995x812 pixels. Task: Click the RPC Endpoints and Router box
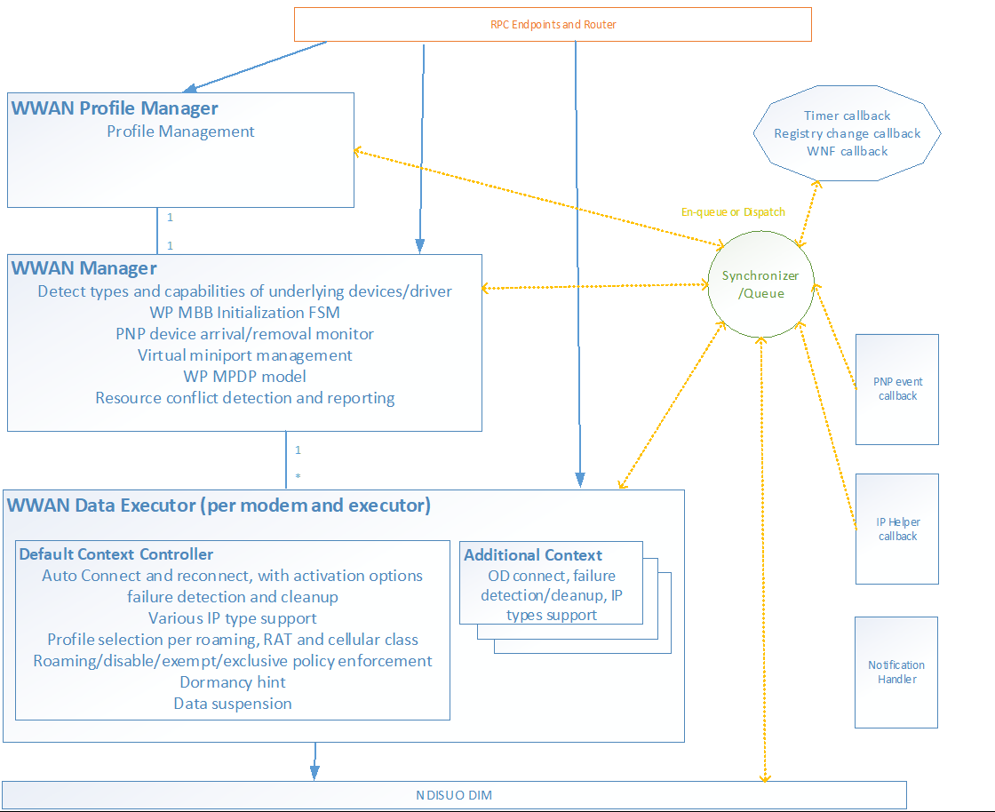553,24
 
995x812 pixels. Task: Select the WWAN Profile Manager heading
115,108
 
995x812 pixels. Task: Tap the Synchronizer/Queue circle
760,284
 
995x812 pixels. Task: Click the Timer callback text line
847,115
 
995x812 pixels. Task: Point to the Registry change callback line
847,133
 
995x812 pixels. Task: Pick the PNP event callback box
896,389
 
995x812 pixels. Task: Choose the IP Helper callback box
896,529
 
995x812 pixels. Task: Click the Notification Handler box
896,672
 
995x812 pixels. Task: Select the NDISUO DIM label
454,795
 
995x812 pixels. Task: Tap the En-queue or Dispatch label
733,212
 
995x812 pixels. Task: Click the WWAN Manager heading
84,267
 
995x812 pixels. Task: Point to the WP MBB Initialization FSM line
244,313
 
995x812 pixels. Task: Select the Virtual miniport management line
244,355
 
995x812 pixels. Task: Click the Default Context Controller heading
116,554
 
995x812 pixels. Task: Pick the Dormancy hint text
233,682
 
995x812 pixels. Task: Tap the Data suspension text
233,704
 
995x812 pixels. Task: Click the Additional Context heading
533,555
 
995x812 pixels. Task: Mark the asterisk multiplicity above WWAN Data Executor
298,477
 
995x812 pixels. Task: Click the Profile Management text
180,131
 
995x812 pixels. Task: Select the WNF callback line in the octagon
847,151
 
